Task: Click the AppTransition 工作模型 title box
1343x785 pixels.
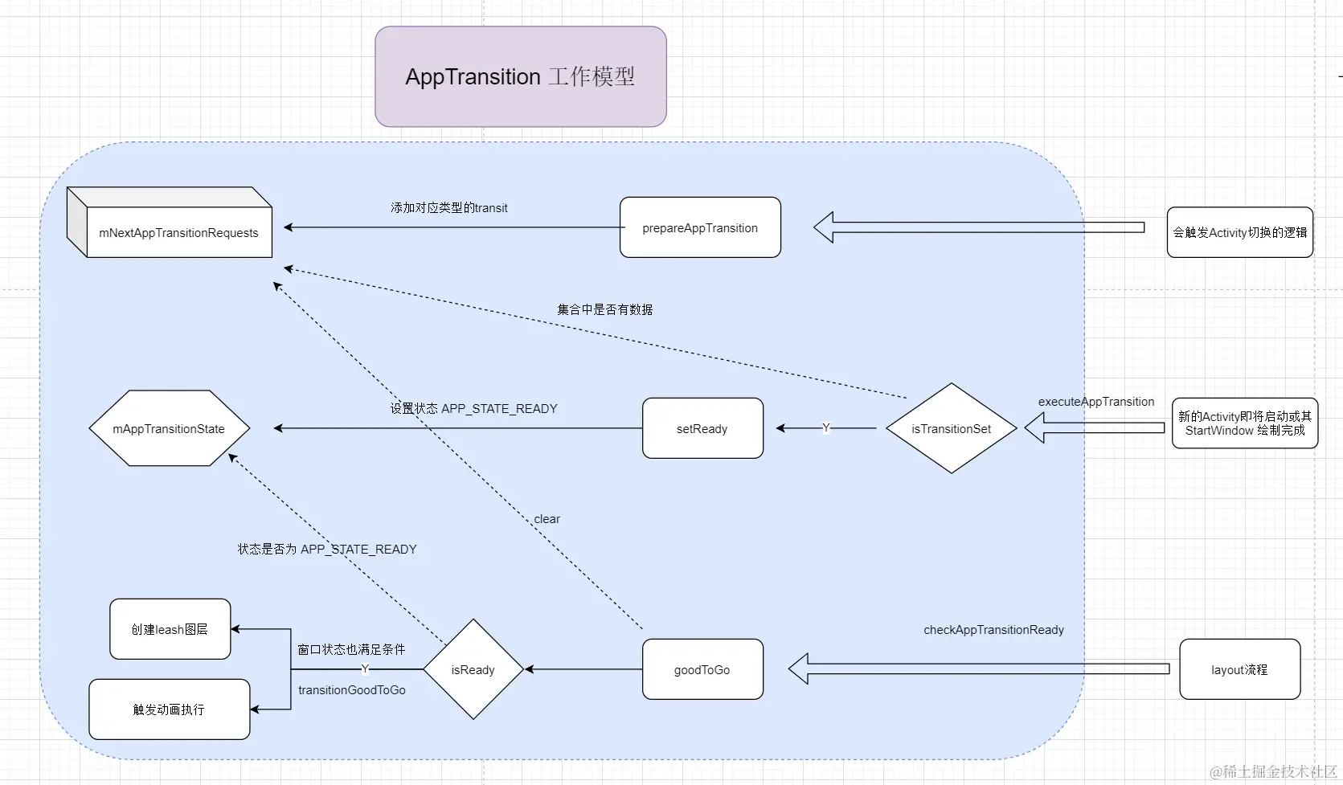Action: coord(520,76)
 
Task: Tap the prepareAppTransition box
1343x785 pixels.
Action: coord(700,227)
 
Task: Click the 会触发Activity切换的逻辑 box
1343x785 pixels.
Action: coord(1239,232)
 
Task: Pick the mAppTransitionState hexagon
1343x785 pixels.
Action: coord(169,428)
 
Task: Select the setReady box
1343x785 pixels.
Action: coord(702,428)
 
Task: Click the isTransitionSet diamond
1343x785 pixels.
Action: coord(952,428)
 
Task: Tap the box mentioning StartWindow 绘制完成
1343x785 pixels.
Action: coord(1244,423)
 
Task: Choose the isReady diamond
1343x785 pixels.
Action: coord(473,669)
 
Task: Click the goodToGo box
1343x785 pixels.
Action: coord(702,669)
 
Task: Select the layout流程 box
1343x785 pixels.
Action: coord(1239,669)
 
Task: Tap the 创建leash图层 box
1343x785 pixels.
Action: coord(170,629)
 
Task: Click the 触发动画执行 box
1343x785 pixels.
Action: coord(169,709)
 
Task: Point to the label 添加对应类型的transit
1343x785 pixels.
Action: coord(448,207)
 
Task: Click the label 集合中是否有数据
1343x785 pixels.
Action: coord(604,309)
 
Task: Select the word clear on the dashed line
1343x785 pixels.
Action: coord(547,519)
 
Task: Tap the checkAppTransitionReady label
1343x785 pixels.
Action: coord(993,630)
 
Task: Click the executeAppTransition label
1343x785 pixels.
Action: coord(1096,402)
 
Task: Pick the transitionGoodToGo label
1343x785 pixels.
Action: coord(352,690)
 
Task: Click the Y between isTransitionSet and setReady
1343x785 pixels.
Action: coord(825,428)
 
